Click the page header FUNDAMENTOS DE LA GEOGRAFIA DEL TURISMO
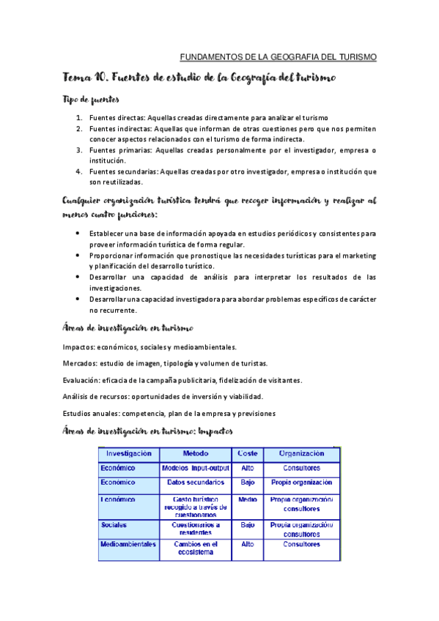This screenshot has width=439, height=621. pos(278,56)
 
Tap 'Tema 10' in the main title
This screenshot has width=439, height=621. pos(86,78)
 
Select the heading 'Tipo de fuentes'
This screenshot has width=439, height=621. pos(91,99)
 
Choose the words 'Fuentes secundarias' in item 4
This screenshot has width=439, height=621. pos(122,171)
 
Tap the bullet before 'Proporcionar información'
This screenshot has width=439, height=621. pos(78,256)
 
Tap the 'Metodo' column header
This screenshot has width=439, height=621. pos(195,454)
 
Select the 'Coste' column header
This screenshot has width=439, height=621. pos(247,454)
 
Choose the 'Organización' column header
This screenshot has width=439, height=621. pos(301,454)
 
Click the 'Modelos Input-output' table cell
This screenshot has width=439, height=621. pos(195,467)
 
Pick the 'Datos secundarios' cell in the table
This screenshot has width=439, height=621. pos(195,483)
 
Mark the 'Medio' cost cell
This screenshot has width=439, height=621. pos(247,499)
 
